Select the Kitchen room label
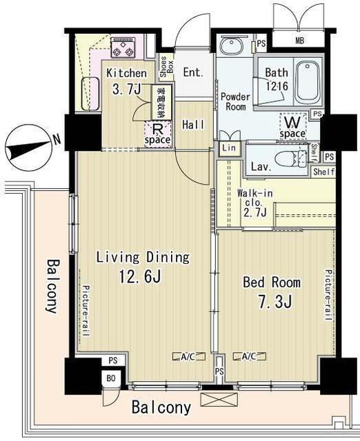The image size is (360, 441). click(126, 73)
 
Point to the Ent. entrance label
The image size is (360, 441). click(193, 72)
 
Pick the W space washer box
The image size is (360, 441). click(292, 126)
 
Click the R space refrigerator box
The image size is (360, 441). click(157, 134)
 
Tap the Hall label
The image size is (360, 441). click(192, 125)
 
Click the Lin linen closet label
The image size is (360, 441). click(228, 148)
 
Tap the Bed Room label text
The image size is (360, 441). click(271, 283)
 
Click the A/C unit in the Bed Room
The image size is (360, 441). click(249, 356)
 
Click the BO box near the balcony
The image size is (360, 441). click(110, 378)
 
